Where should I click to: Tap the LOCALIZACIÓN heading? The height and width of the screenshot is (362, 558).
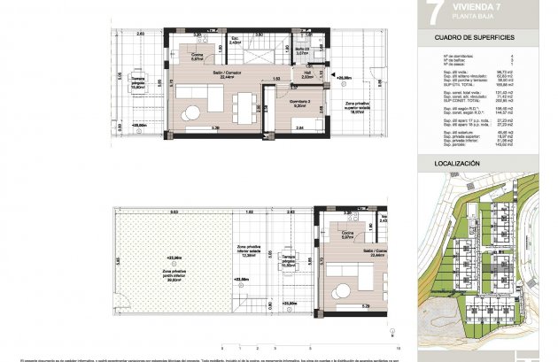[457, 165]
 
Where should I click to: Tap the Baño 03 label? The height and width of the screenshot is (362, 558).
[301, 50]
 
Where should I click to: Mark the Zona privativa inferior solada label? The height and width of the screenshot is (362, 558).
[249, 253]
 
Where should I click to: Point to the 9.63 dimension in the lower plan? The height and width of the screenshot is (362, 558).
[174, 212]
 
